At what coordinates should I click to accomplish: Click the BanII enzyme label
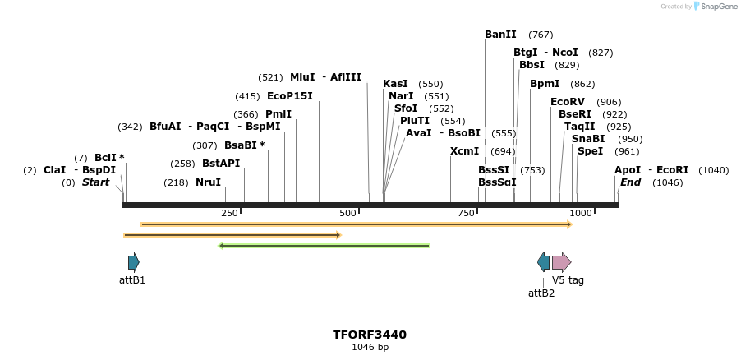(x=500, y=35)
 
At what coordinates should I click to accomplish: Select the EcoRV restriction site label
(x=568, y=102)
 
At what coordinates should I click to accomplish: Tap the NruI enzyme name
(x=208, y=182)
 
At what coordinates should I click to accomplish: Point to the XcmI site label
(x=464, y=151)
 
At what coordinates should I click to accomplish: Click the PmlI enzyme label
(x=278, y=114)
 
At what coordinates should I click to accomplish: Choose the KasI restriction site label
(x=395, y=84)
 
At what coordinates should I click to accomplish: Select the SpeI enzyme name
(x=590, y=151)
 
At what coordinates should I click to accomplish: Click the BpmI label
(x=545, y=84)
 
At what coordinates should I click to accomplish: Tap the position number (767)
(x=541, y=35)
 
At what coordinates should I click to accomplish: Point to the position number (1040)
(x=713, y=170)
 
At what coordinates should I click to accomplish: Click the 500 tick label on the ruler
(x=348, y=214)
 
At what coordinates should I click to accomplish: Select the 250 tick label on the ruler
(x=229, y=214)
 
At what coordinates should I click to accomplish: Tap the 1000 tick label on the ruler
(x=581, y=214)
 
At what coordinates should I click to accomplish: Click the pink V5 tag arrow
(x=561, y=262)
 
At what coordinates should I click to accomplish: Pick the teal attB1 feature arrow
(x=134, y=262)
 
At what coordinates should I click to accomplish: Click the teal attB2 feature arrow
(x=543, y=262)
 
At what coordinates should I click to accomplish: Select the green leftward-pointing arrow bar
(x=324, y=245)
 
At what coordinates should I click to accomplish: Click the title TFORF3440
(x=370, y=335)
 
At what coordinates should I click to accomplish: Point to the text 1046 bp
(x=370, y=348)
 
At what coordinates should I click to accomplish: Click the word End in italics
(x=630, y=182)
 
